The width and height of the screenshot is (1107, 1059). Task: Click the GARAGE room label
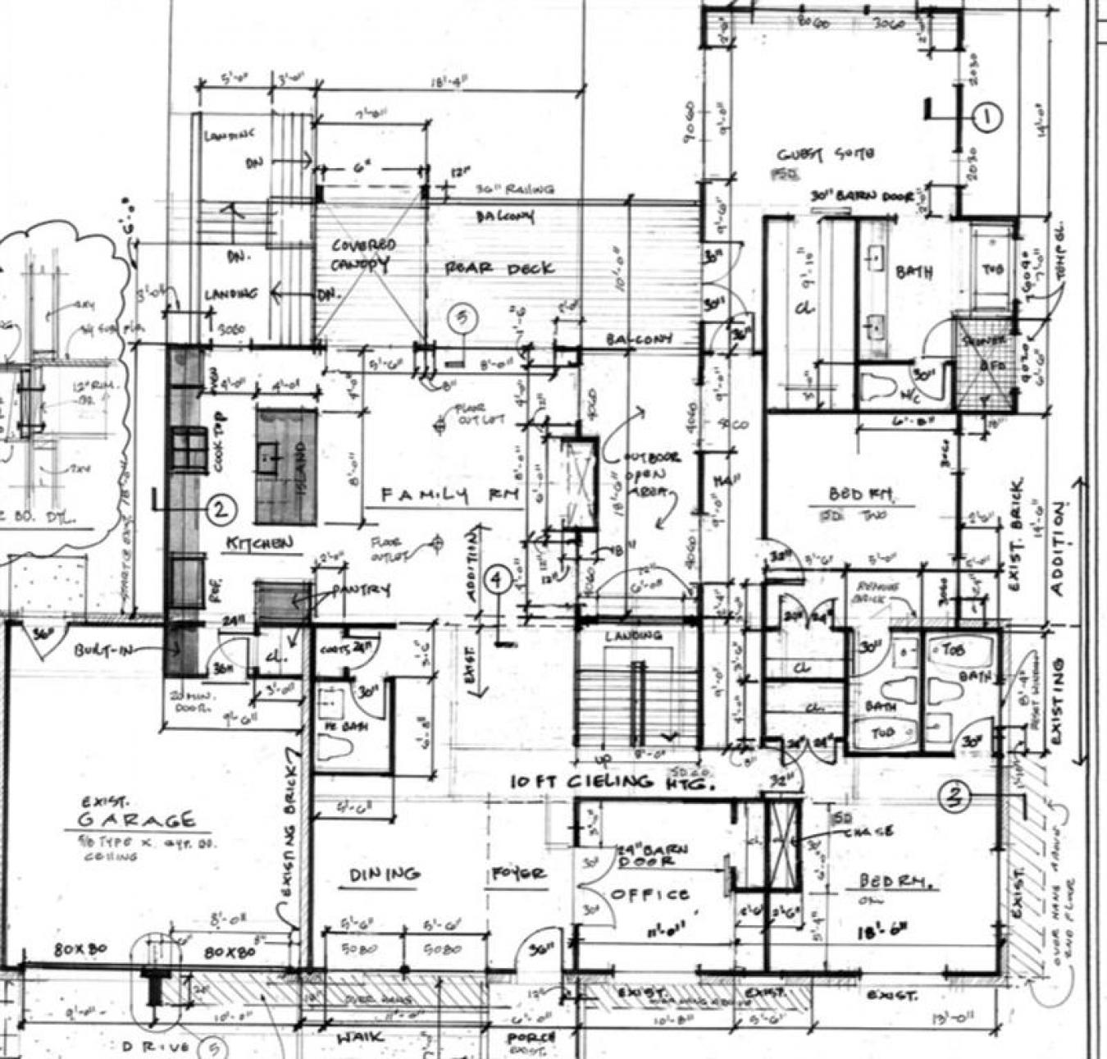point(138,819)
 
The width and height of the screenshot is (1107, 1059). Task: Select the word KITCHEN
point(259,543)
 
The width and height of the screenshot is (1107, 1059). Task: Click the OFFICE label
point(649,893)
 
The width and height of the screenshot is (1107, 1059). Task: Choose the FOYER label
point(519,874)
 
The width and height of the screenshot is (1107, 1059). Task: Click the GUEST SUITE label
point(826,154)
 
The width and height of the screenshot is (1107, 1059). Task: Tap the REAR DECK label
point(499,268)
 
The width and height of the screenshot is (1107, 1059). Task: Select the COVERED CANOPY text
point(362,255)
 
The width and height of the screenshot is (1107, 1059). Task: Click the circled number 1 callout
point(987,117)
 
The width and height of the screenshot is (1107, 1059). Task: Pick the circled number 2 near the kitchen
point(220,510)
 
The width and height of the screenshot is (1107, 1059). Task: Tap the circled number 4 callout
point(497,579)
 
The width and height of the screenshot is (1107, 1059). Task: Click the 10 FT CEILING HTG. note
point(613,782)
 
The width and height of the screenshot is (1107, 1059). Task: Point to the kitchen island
point(285,466)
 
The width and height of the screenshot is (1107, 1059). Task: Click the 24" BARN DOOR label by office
point(645,855)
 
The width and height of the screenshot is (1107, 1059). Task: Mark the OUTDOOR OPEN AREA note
point(650,475)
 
